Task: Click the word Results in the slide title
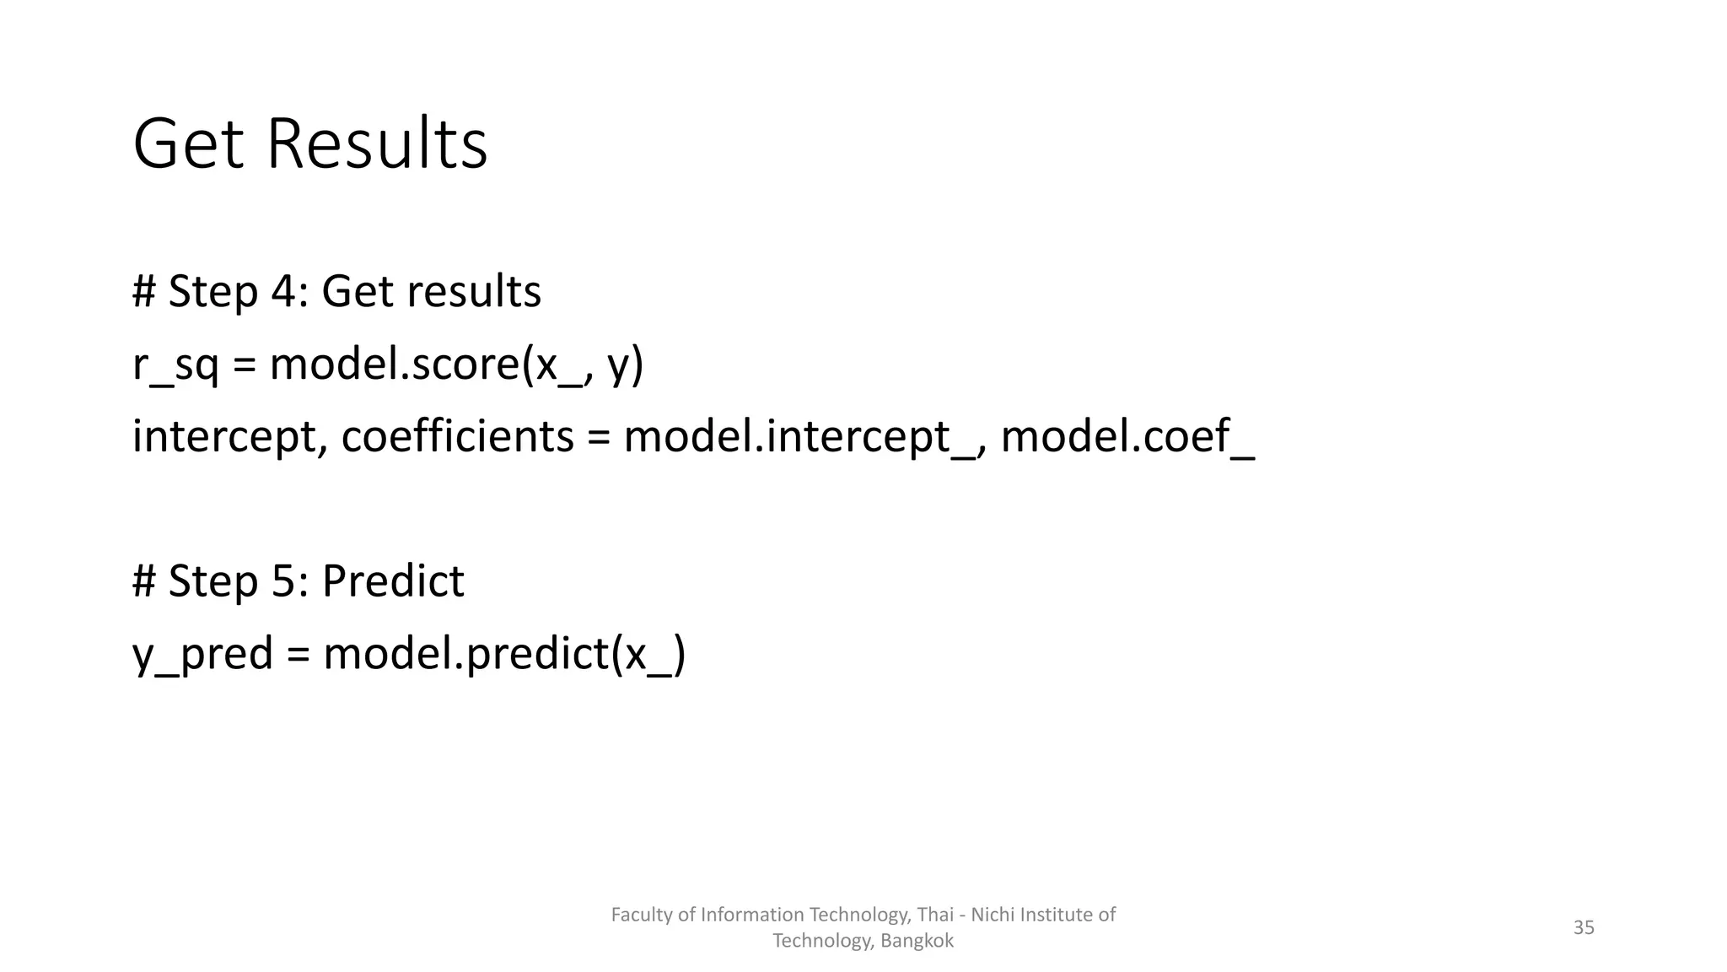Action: point(377,144)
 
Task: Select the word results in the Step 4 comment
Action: point(474,292)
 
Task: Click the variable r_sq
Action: point(175,364)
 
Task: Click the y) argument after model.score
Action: point(625,364)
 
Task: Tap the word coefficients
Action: point(457,437)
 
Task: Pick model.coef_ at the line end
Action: point(1127,437)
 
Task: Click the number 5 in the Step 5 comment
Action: point(282,581)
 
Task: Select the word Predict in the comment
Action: point(393,581)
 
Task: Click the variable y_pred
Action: point(203,654)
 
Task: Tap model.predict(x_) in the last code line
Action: point(504,654)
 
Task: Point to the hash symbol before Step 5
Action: point(143,581)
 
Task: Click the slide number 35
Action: point(1584,928)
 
